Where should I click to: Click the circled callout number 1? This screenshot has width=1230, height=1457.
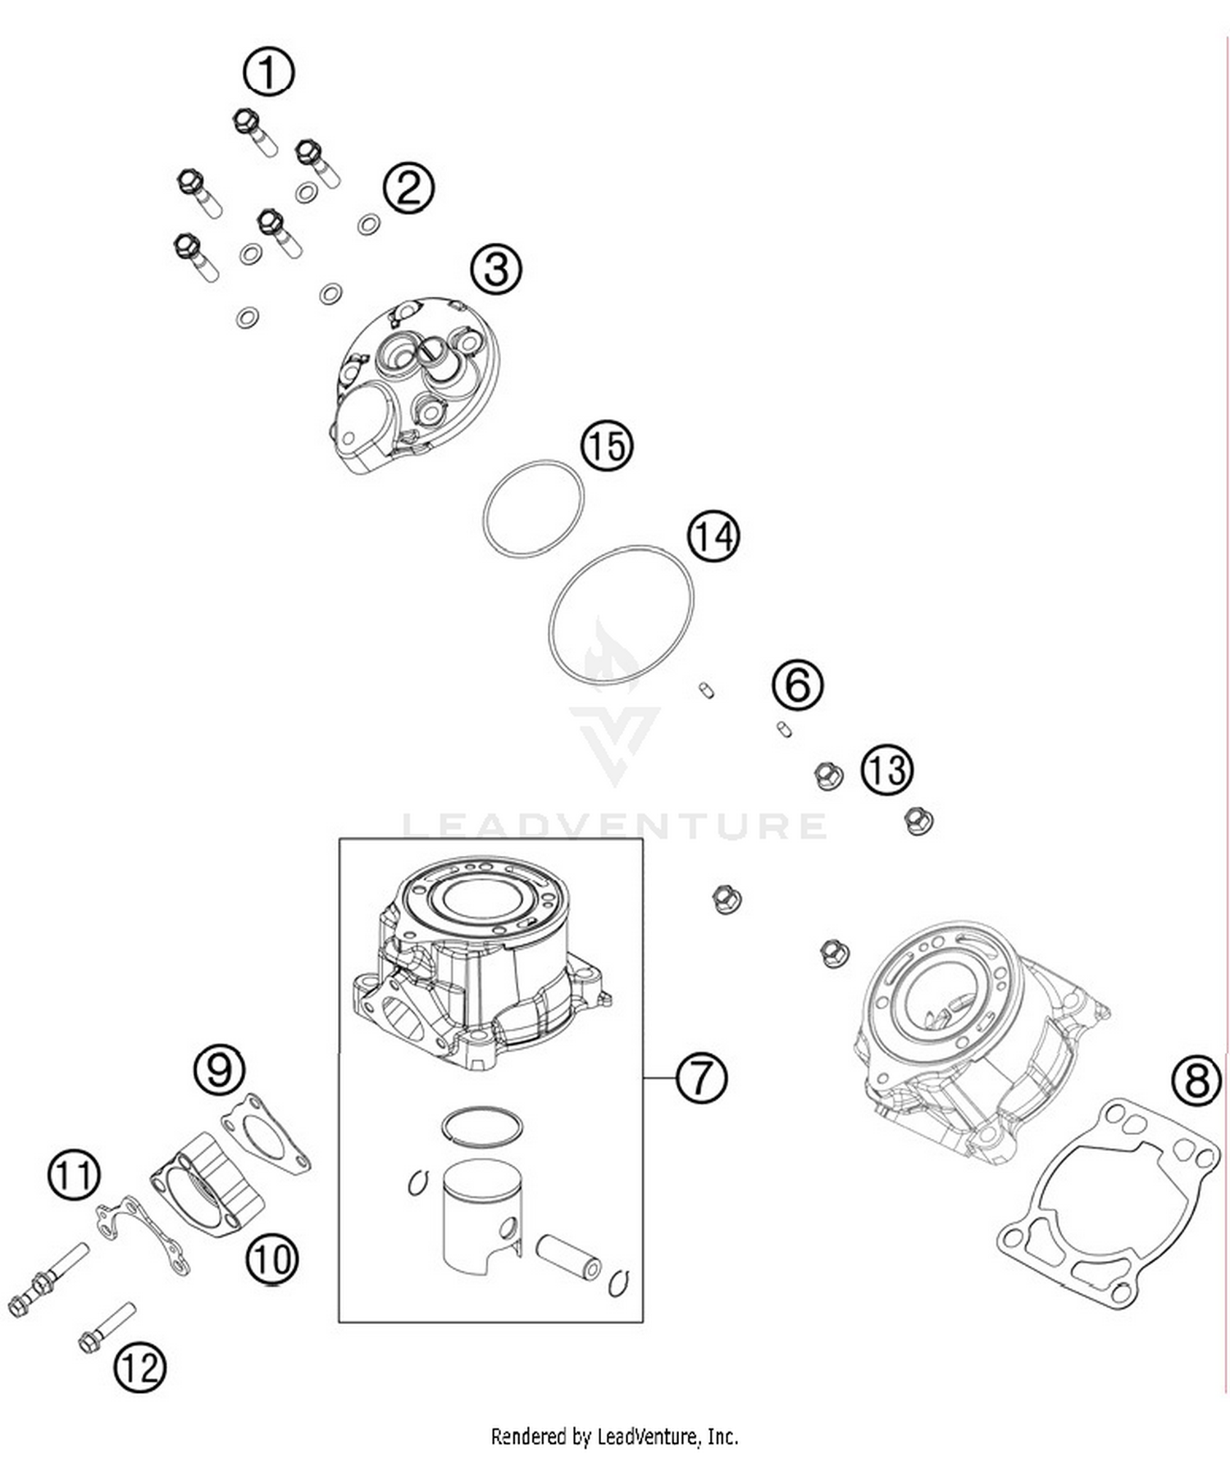coord(269,72)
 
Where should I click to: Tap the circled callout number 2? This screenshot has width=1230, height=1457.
coord(408,189)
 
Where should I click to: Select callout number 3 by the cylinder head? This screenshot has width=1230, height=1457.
coord(496,269)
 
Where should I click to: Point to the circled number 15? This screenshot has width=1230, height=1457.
coord(607,447)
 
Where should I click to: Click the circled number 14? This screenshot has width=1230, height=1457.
coord(713,537)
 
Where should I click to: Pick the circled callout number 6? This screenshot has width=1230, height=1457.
coord(798,685)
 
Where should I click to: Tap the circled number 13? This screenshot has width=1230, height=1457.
coord(886,771)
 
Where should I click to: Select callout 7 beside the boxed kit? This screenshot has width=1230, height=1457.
coord(701,1077)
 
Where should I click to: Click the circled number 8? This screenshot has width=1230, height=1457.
coord(1196,1080)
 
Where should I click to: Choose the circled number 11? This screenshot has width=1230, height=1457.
coord(74,1175)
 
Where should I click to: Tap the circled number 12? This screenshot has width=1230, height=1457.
coord(139,1367)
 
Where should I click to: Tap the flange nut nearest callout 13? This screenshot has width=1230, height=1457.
coord(829,775)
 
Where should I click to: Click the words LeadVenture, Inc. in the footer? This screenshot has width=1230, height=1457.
coord(667,1437)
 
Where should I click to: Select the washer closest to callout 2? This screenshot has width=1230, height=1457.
coord(369,223)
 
